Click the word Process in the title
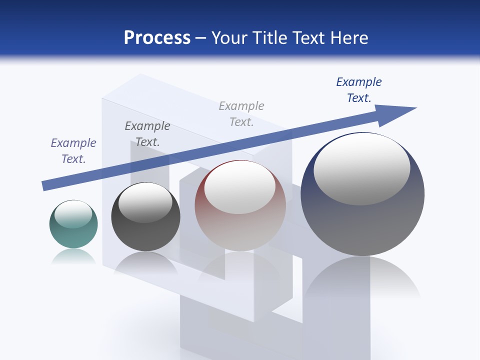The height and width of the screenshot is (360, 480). coord(157,38)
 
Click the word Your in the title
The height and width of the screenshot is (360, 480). coord(228,38)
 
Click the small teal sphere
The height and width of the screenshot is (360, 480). coord(73,235)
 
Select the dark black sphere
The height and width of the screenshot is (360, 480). coord(145,235)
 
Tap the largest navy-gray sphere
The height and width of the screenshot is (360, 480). coord(362,225)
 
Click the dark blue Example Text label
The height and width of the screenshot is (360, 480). coord(359,90)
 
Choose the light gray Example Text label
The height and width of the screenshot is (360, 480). coord(241,113)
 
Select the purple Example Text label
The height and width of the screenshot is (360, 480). coord(73,150)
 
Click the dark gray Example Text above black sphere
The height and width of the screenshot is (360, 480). coord(147,133)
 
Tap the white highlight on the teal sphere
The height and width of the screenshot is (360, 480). coord(73,214)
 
